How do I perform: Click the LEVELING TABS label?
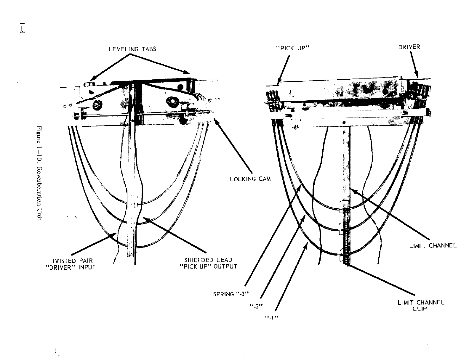(x=132, y=49)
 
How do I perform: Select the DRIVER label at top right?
(x=409, y=47)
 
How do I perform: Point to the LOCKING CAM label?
(x=250, y=179)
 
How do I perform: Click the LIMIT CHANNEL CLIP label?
(x=421, y=306)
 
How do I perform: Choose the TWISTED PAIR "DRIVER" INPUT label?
(x=72, y=264)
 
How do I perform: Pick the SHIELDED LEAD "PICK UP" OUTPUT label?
(x=209, y=263)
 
